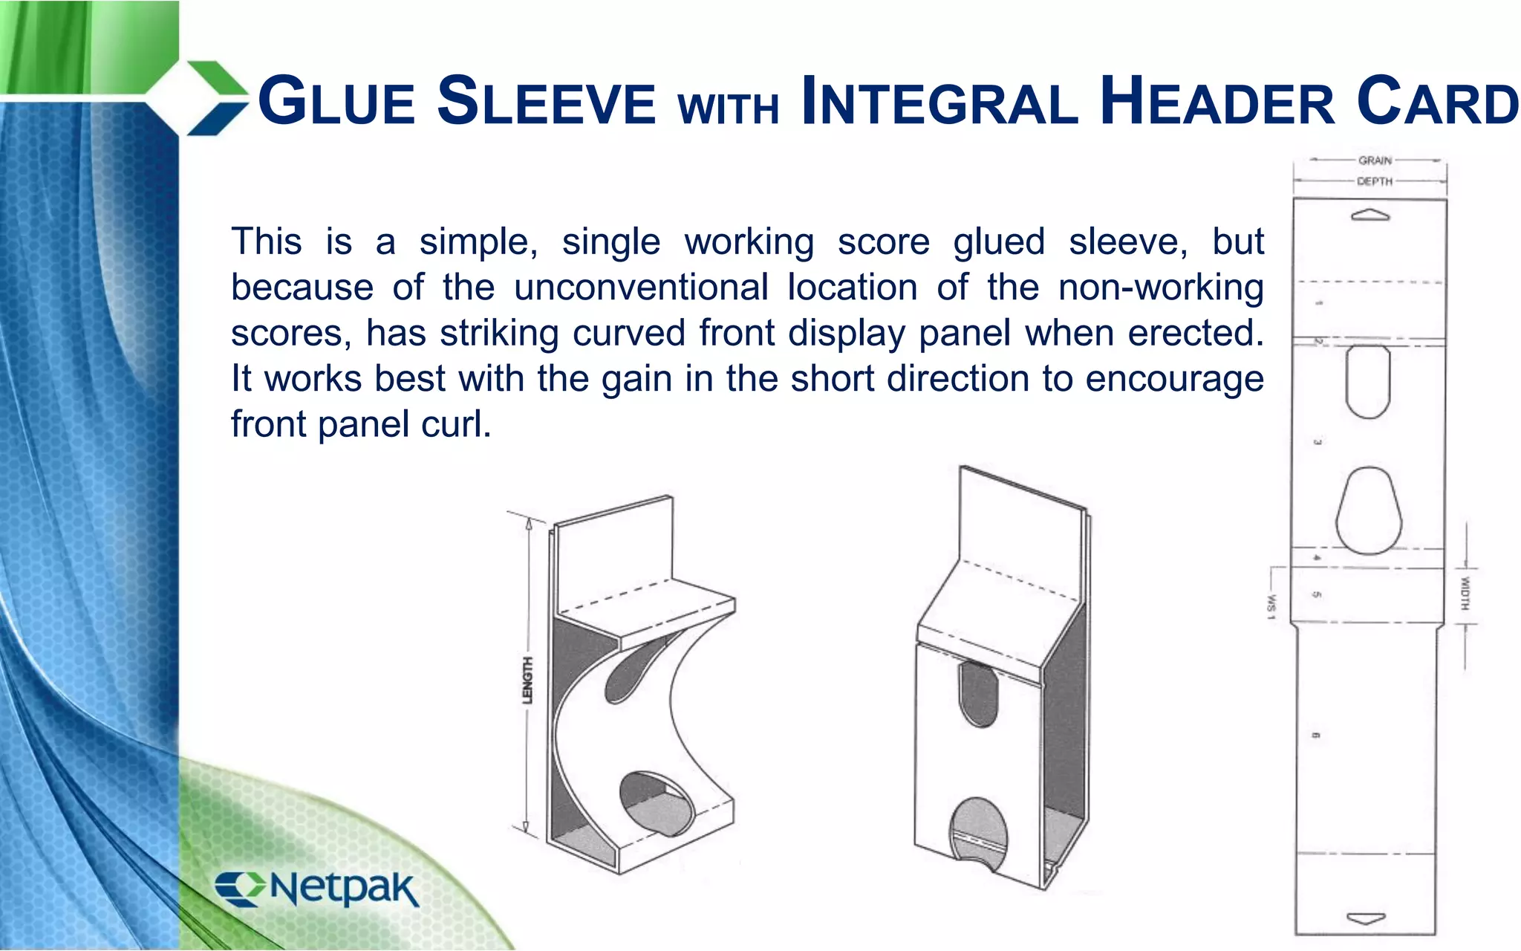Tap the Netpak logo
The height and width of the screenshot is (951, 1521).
(x=318, y=889)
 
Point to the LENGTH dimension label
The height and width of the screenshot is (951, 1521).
(x=527, y=680)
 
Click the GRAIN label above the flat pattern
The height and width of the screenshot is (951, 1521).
(x=1375, y=160)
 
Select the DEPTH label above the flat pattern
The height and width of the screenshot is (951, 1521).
(x=1375, y=181)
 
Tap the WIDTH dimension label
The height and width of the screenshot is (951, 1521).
(x=1465, y=594)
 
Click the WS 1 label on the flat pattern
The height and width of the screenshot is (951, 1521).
(x=1271, y=605)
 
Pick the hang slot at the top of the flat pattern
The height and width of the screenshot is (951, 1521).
(x=1370, y=216)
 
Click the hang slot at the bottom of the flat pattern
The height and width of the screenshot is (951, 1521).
(x=1367, y=918)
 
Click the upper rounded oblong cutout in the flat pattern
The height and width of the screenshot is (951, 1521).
(x=1368, y=381)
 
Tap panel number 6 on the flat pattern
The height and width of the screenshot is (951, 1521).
(x=1315, y=736)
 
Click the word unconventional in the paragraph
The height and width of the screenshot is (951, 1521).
(x=641, y=288)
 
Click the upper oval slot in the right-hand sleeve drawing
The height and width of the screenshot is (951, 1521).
(x=978, y=692)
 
